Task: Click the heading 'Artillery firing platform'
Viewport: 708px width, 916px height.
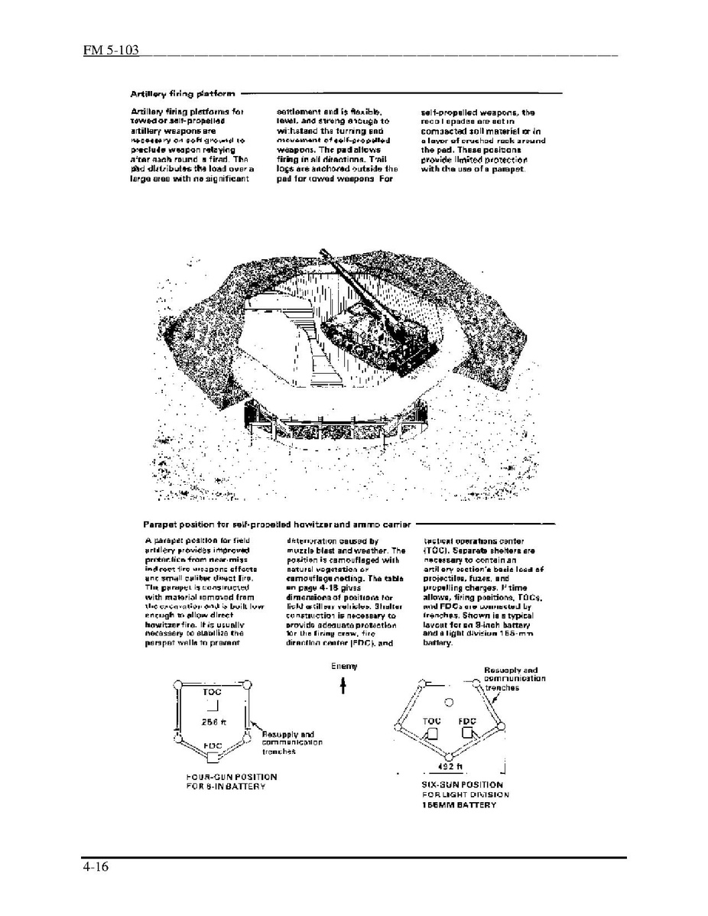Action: [182, 94]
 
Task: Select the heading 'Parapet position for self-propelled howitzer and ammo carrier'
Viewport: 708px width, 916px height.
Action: [277, 525]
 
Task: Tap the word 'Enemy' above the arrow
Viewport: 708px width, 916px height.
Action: [344, 667]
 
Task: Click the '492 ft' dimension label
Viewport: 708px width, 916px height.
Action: [445, 765]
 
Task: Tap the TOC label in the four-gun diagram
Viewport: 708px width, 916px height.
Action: [212, 691]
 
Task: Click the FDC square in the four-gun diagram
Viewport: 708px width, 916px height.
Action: [213, 757]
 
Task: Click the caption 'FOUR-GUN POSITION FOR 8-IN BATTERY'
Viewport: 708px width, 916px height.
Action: [231, 781]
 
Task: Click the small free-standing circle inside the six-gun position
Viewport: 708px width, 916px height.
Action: [450, 702]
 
